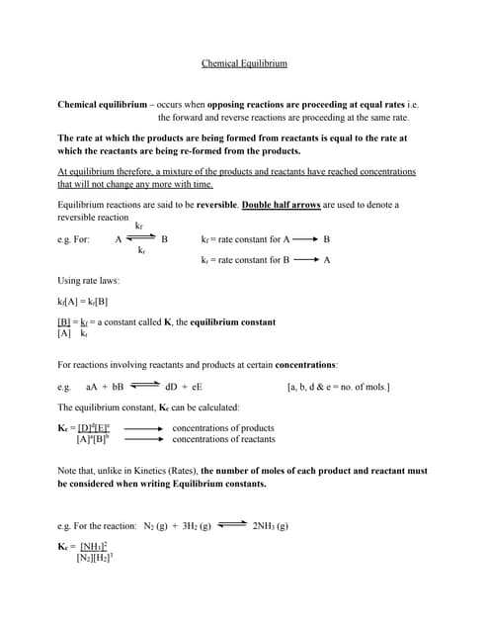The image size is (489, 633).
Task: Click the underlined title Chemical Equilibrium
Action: click(x=244, y=63)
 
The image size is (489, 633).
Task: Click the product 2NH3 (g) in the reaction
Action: click(x=270, y=526)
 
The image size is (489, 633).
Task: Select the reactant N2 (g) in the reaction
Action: click(x=161, y=526)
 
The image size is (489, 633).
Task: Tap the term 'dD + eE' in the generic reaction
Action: click(x=184, y=386)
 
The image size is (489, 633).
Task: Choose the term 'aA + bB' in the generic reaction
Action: click(x=105, y=386)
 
